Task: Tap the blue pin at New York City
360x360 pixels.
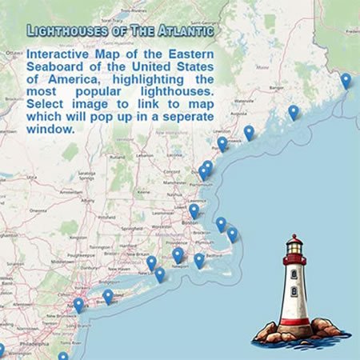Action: (78, 304)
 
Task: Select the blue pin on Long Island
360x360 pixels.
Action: (108, 295)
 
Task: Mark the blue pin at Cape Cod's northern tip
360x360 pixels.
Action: (221, 224)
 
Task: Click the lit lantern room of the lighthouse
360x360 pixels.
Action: (295, 257)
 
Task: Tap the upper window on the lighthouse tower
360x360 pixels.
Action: (294, 274)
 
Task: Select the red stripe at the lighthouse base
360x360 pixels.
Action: (295, 322)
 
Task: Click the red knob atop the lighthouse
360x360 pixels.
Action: (295, 238)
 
